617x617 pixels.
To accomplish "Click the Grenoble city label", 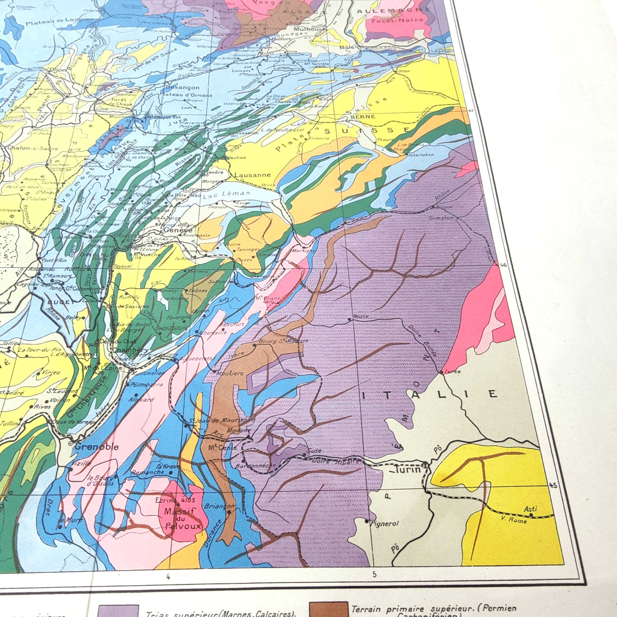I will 96,447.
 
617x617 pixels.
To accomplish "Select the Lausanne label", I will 252,175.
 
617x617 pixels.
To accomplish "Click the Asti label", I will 530,509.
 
